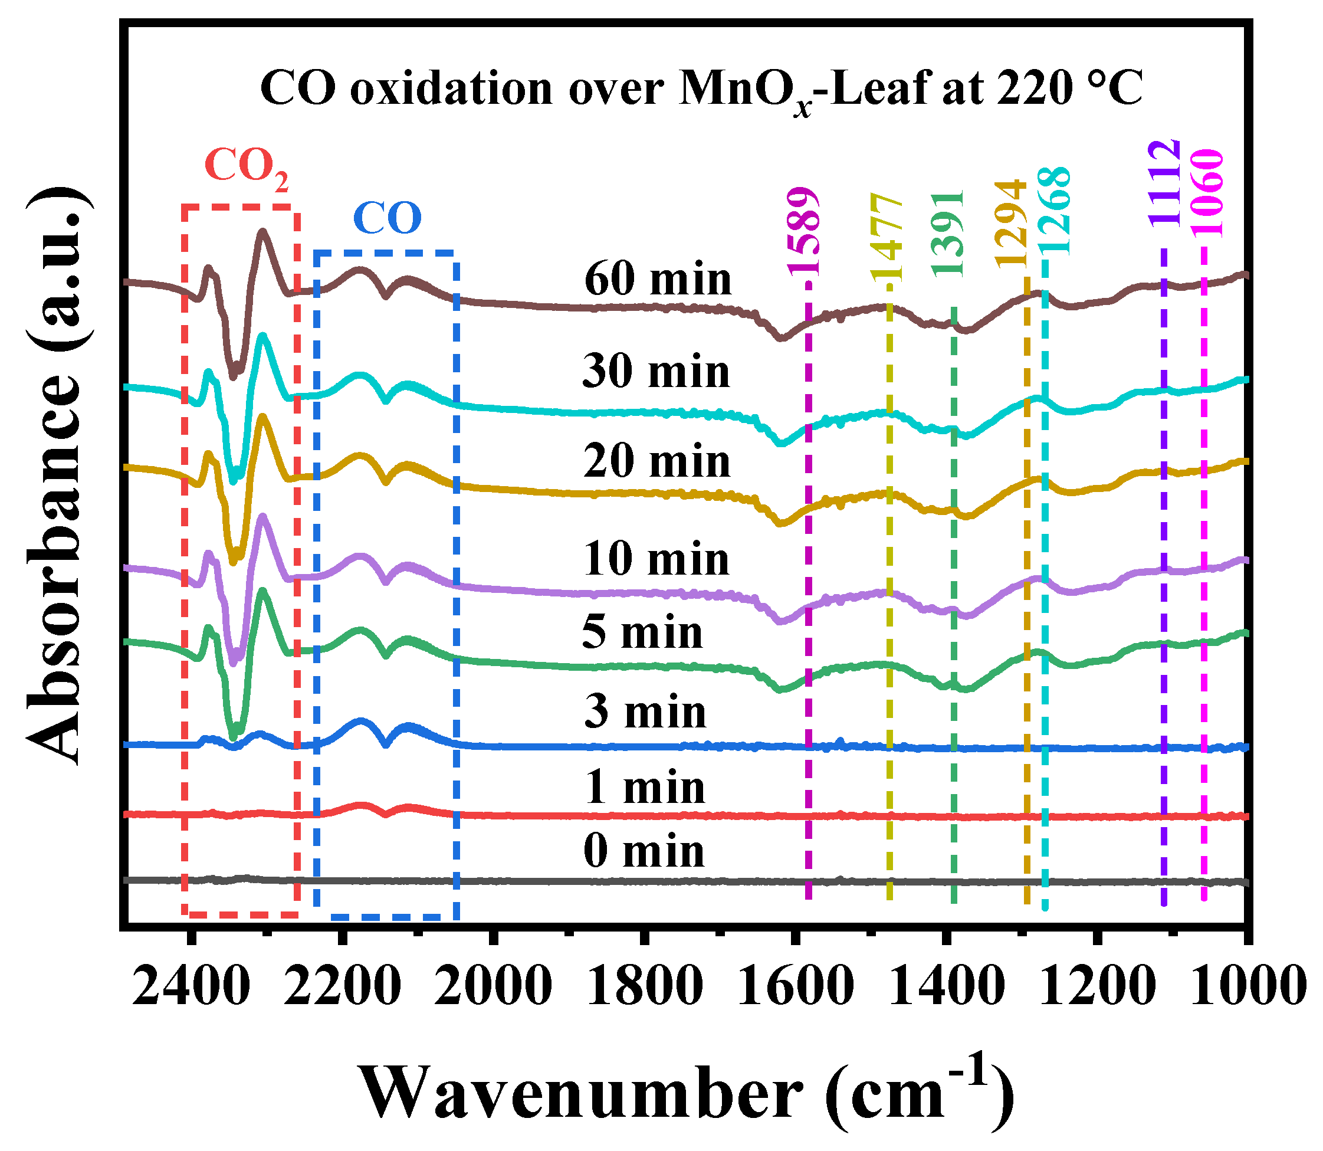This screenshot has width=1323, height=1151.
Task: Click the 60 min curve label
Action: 658,280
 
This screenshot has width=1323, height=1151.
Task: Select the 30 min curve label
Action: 656,372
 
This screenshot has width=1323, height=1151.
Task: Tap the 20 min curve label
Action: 656,462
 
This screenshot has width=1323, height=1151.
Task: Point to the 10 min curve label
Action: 656,559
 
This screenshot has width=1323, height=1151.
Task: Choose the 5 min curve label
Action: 642,632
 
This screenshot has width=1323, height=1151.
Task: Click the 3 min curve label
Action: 645,712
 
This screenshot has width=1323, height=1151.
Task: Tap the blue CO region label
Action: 388,218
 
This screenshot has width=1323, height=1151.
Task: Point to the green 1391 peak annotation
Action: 949,234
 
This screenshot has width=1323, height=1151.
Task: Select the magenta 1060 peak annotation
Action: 1207,193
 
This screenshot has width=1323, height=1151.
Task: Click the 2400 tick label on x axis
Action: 191,986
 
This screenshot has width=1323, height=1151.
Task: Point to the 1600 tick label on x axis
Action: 796,986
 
